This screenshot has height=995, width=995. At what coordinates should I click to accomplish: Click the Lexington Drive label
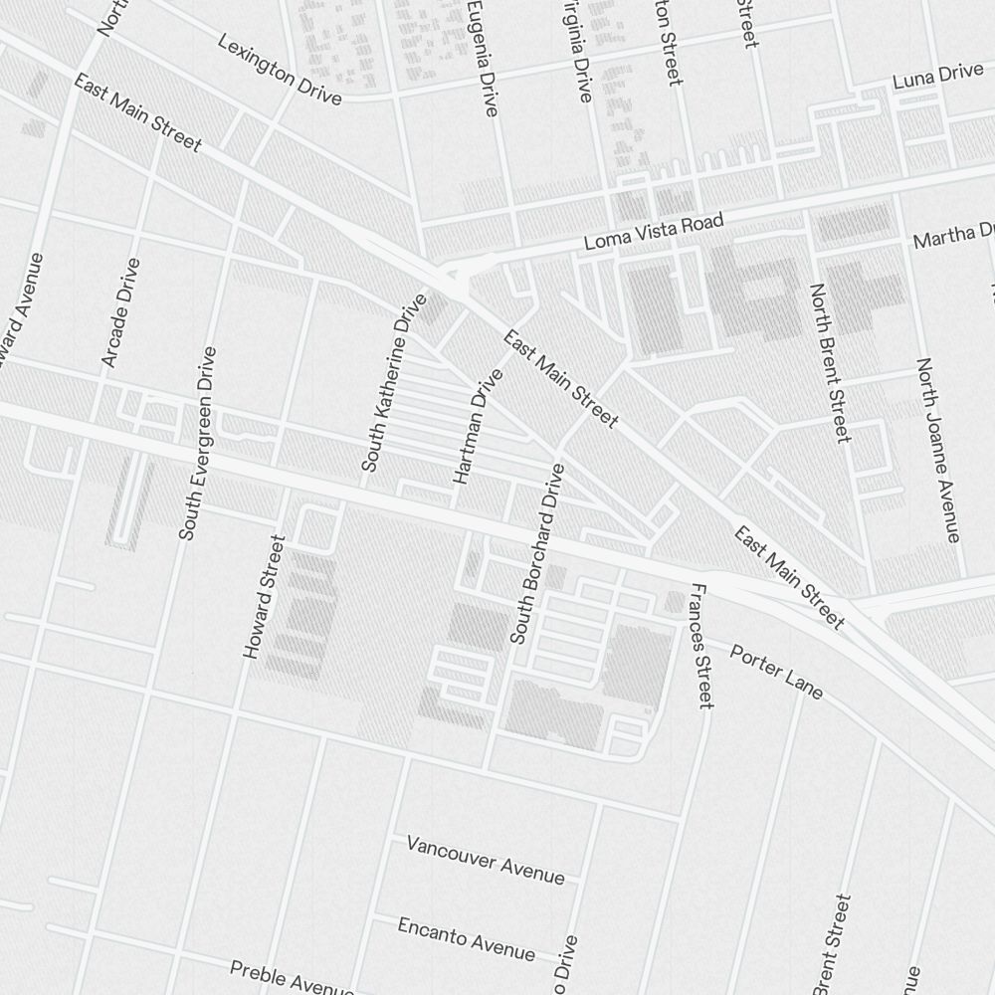(280, 71)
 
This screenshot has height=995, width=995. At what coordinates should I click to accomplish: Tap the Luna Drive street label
(937, 77)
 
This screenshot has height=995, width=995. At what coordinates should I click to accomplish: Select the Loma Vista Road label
(653, 232)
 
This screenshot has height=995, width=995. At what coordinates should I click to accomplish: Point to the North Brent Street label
(829, 362)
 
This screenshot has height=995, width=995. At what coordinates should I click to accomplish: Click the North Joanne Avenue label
(937, 450)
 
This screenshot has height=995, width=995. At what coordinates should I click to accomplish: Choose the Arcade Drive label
(120, 312)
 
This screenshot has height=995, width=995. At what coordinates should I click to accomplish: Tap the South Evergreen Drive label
(197, 444)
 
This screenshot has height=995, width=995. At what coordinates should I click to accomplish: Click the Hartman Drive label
(479, 427)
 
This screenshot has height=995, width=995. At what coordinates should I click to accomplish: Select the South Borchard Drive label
(536, 553)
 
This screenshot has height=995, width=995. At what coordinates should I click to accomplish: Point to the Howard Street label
(265, 597)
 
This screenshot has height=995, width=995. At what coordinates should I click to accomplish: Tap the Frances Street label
(700, 646)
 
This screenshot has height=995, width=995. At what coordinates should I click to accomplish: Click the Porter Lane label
(776, 672)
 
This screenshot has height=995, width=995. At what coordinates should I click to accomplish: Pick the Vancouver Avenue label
(486, 860)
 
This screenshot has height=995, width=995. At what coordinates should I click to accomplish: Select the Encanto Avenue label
(466, 938)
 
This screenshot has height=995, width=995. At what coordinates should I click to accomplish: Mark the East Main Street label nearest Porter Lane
(789, 578)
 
